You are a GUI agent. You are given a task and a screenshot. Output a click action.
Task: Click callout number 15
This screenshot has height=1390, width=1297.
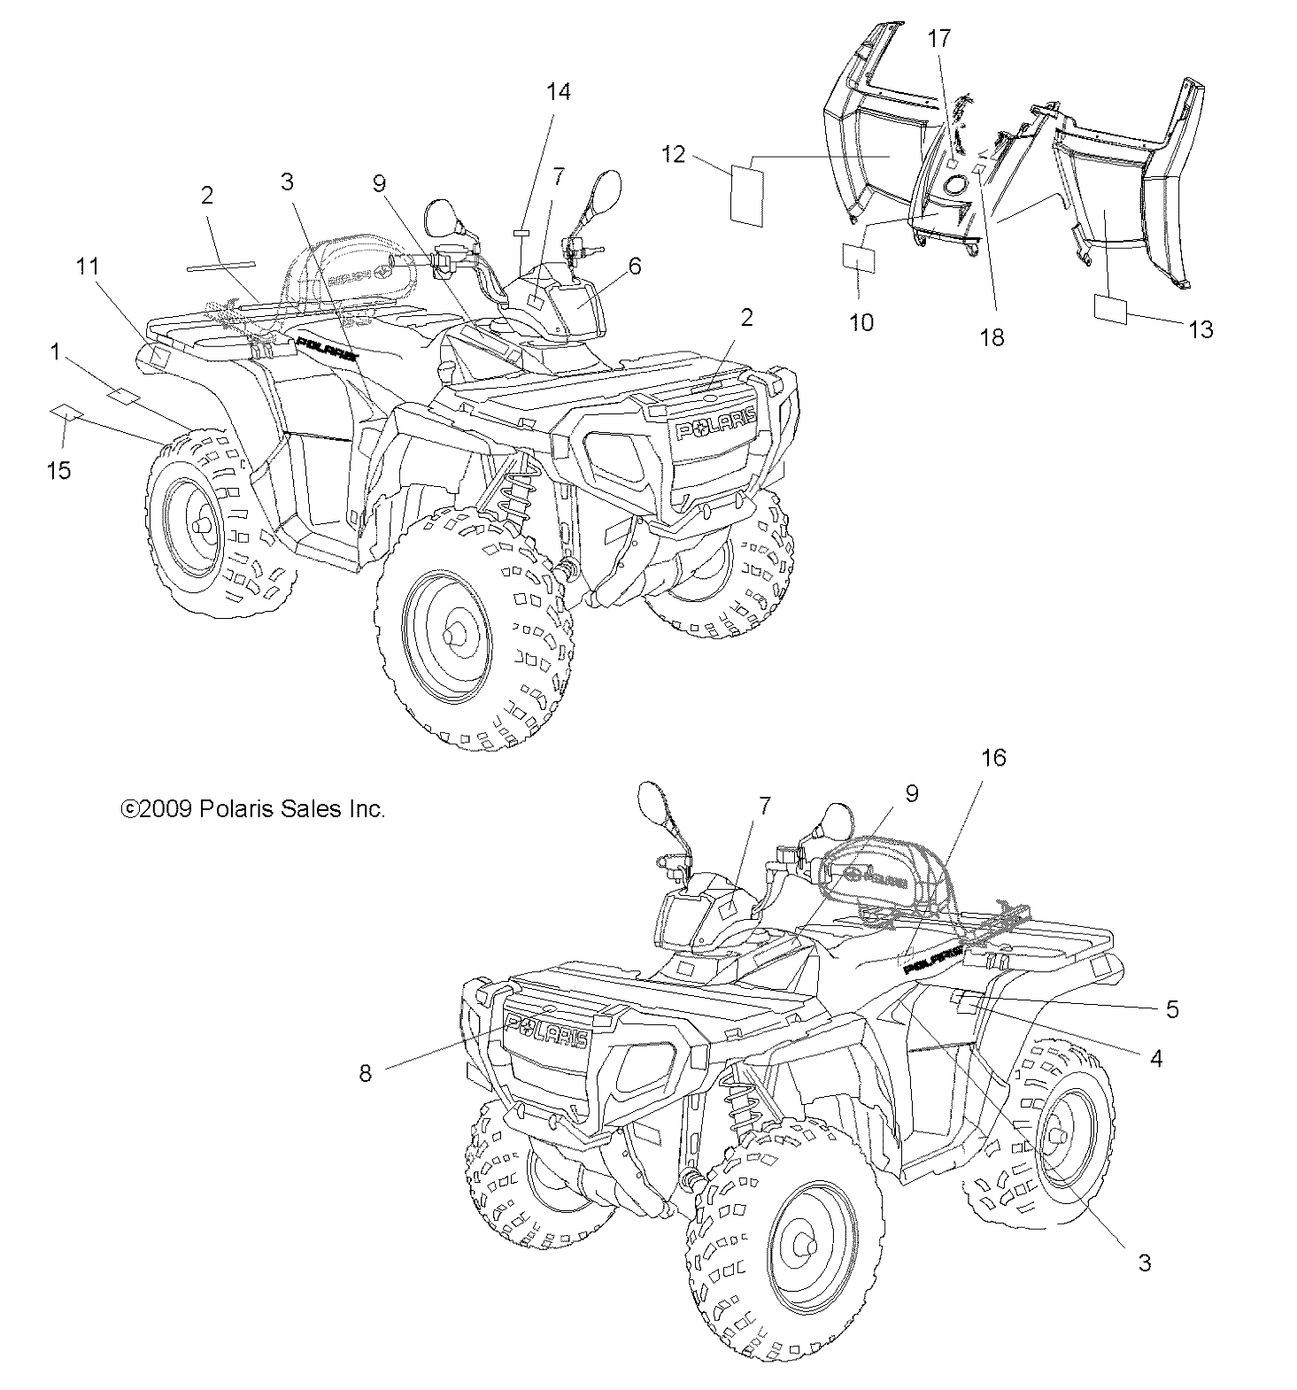[x=58, y=470]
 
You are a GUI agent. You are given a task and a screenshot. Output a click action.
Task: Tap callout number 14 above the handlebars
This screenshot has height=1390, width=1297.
[x=558, y=92]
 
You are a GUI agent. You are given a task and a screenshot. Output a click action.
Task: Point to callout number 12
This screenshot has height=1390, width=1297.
[x=673, y=154]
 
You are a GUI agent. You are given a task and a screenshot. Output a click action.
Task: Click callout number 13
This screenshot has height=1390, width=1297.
[x=1200, y=329]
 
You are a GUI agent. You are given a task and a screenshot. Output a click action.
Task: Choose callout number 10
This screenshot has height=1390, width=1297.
[x=861, y=322]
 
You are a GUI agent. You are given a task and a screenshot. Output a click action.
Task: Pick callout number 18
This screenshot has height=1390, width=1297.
[x=992, y=336]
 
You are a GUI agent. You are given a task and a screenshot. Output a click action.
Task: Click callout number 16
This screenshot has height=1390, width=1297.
[x=993, y=758]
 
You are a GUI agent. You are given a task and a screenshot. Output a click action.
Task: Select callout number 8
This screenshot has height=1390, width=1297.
[x=365, y=1073]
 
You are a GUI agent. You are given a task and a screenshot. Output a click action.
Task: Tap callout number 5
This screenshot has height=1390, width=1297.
[x=1172, y=1009]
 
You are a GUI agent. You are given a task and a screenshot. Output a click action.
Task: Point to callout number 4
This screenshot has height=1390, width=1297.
[x=1154, y=1057]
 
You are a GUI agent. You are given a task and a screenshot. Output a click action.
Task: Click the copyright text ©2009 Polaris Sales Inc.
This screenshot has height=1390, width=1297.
[x=253, y=809]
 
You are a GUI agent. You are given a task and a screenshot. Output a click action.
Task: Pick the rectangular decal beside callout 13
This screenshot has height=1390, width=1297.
[x=1111, y=308]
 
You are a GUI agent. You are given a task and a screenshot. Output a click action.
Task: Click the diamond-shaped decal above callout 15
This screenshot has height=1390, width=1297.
[x=66, y=413]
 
